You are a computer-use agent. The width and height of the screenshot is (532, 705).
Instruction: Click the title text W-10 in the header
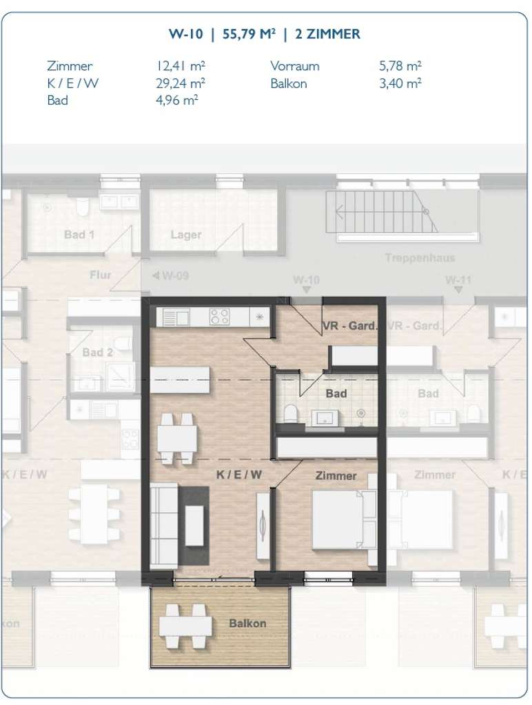pos(185,34)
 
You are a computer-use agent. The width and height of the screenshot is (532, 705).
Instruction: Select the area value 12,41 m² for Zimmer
pos(181,67)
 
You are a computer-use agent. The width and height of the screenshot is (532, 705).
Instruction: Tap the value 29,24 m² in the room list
pos(181,83)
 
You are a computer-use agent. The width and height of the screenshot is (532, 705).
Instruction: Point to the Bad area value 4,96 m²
pos(177,101)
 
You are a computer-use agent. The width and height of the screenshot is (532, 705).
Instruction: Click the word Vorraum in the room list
pos(295,67)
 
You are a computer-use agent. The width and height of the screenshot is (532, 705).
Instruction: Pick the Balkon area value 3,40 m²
pos(400,83)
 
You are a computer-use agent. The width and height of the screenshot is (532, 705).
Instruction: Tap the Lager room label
pos(186,235)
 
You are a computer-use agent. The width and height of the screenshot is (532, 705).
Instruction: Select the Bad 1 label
pos(79,235)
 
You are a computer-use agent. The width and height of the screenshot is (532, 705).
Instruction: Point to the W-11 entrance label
pos(458,280)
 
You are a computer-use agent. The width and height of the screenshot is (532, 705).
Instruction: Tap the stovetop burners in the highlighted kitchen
pos(220,317)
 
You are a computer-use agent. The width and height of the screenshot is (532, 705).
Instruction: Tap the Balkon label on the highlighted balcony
pos(247,623)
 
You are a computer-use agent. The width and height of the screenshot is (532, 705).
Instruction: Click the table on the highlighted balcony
pos(185,626)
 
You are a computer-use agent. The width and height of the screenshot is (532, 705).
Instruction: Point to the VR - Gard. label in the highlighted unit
pos(349,326)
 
